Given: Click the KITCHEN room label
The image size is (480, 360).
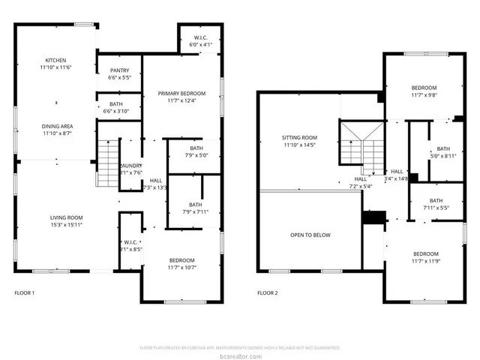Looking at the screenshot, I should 55,60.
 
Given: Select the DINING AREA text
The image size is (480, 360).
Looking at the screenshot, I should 55,125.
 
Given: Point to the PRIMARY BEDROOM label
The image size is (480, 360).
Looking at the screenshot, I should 181,93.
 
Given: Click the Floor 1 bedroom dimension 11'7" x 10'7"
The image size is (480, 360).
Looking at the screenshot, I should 181,267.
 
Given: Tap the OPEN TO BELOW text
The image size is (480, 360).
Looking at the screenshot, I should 310,235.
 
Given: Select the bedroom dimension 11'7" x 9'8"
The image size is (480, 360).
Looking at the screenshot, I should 423,95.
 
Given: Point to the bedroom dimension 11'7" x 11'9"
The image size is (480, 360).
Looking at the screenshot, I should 425,261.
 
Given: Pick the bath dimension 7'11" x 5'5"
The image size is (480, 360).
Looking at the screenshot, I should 436,208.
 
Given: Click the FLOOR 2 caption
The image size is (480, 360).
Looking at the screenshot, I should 267,293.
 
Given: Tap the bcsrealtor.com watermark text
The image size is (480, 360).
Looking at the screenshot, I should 240,355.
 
